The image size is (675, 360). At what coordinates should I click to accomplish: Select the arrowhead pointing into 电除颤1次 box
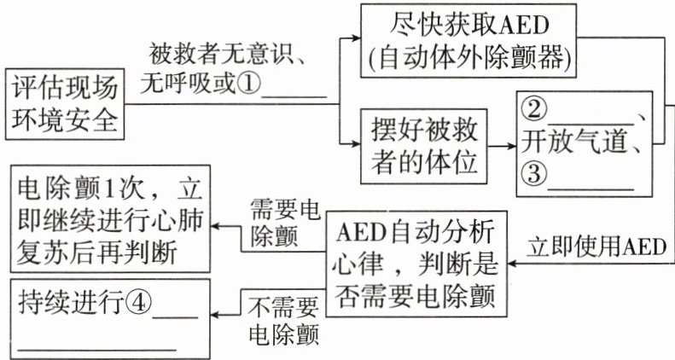216,226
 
